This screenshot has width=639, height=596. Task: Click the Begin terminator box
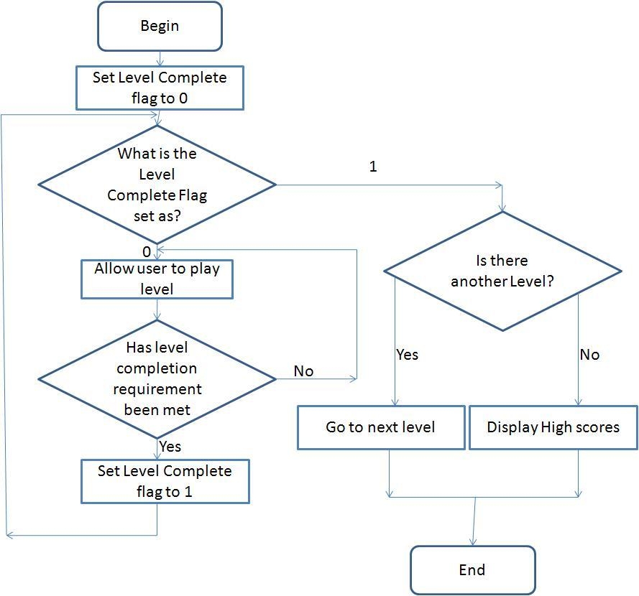coord(160,27)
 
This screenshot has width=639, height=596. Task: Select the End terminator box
coord(472,570)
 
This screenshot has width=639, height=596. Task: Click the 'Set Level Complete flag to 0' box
coord(160,88)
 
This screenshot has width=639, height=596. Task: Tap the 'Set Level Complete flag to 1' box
coord(165,481)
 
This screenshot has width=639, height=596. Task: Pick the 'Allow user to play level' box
coord(157,279)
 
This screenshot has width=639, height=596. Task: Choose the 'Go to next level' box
coord(380,427)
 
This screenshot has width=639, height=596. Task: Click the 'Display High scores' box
coord(553,427)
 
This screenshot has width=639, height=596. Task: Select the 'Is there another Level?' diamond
coord(502,271)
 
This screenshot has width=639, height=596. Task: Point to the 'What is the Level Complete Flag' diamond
coord(157,185)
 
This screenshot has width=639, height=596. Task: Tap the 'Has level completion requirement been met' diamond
coord(157,378)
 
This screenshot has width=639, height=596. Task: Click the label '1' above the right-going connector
coord(373,167)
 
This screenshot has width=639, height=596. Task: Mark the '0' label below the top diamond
coord(147,252)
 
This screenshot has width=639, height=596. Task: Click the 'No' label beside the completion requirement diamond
coord(303,371)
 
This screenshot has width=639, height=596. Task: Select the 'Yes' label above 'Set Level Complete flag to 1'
coord(170,447)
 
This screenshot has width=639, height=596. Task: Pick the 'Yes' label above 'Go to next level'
coord(407,355)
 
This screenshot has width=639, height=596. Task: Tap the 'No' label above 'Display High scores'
coord(589,355)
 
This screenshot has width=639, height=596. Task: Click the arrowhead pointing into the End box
coord(473,542)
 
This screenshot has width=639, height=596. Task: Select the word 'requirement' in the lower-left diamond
coord(160,389)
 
